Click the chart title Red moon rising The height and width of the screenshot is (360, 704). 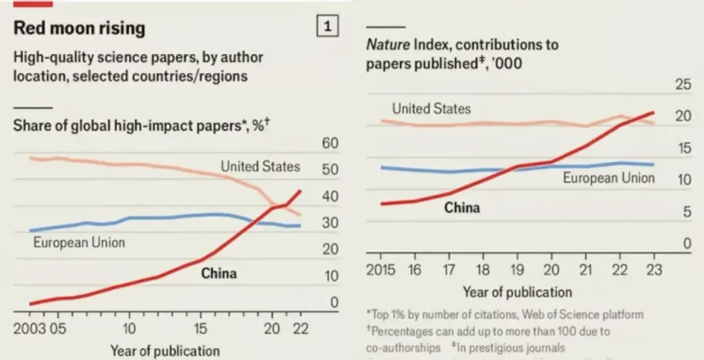coord(79,28)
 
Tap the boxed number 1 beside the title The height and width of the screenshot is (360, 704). coord(327,27)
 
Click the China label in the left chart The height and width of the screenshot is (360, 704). coord(218,273)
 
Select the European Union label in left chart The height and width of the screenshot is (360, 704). coord(79,243)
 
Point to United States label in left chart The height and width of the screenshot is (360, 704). coord(260,166)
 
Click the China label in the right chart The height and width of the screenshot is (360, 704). coord(462,208)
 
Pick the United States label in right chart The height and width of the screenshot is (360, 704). coord(431,109)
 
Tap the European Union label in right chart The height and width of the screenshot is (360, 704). coord(608,177)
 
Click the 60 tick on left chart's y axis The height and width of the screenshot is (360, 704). coord(330,144)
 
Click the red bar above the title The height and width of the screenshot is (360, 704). coord(33,3)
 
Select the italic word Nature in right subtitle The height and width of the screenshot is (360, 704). coord(387,45)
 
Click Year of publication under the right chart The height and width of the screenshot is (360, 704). coord(517,292)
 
